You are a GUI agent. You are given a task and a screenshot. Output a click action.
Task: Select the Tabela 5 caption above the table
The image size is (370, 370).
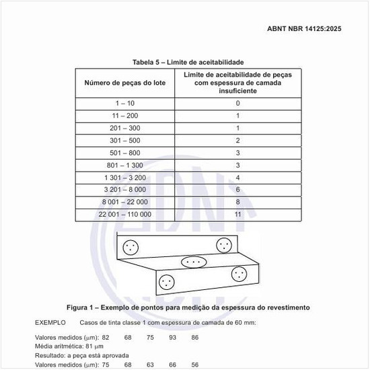coord(188,62)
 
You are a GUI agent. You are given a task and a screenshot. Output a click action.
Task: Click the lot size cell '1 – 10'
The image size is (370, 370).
coord(126,104)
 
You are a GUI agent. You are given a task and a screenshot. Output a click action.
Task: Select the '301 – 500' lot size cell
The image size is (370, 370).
coord(126,141)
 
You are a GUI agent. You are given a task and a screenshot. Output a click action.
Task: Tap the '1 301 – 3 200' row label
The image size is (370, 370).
coord(126,178)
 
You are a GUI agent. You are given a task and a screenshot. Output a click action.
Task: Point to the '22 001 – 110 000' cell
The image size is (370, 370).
coord(126,214)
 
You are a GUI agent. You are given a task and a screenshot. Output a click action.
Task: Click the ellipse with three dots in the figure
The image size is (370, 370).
coord(192,261)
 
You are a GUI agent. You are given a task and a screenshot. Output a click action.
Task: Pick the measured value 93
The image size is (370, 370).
coord(172,336)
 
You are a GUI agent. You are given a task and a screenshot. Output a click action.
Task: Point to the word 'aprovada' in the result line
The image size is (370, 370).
coord(113,355)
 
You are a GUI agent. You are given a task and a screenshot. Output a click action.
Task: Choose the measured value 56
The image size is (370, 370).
coord(195,365)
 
